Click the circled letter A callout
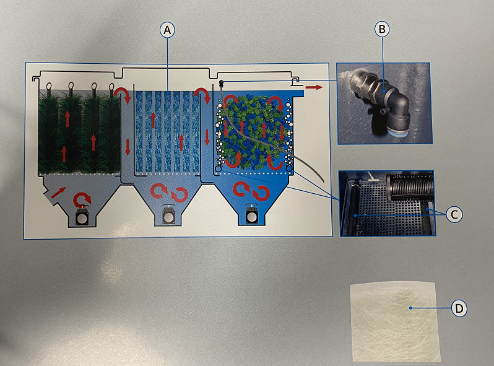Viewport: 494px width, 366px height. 167,30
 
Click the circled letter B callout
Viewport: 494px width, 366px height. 382,29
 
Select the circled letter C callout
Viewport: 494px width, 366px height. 454,215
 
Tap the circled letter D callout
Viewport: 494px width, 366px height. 459,308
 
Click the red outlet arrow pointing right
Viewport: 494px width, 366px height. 314,87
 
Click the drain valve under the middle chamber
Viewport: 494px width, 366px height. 168,215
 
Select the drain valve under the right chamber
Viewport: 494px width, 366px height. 252,215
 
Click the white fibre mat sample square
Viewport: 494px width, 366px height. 396,322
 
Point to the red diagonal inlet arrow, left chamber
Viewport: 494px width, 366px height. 58,193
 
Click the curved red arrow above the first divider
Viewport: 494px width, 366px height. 122,95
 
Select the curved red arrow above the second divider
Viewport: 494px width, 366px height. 202,95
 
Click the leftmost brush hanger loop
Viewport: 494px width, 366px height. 49,86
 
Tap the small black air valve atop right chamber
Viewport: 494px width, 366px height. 222,84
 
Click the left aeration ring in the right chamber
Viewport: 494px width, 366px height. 218,170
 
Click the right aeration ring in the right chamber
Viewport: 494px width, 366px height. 289,170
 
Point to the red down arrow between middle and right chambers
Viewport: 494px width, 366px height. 207,137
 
